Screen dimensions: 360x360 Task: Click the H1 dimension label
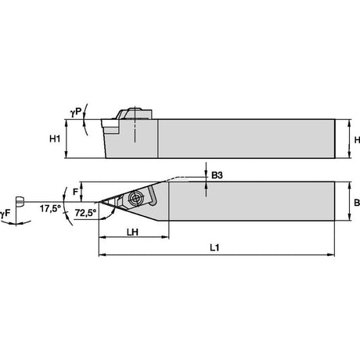coord(55,139)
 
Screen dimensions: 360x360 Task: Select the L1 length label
coord(214,247)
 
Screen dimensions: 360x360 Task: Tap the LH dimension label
coord(132,232)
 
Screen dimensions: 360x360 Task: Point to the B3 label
coord(217,175)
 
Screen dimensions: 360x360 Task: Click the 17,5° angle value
coord(50,208)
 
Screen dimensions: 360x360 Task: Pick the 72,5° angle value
coord(85,213)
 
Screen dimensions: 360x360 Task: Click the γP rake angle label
coord(76,113)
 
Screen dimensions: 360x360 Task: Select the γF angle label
coord(5,214)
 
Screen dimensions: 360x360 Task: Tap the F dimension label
coord(75,192)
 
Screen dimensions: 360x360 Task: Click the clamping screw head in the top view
coord(135,199)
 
